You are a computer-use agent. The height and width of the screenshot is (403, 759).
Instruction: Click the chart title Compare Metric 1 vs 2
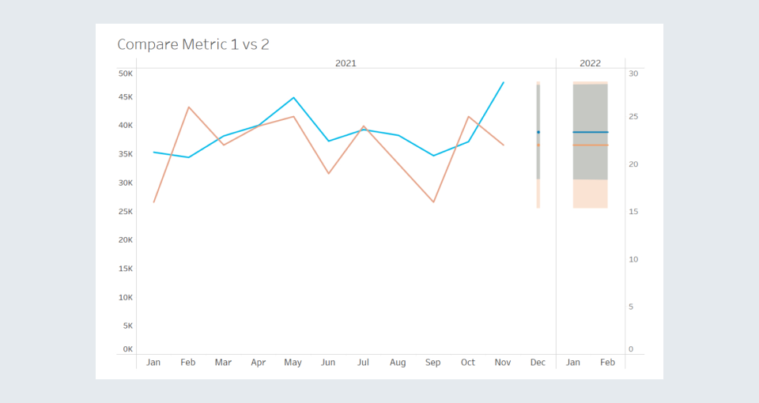(193, 44)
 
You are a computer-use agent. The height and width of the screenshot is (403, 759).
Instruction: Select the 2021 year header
(346, 63)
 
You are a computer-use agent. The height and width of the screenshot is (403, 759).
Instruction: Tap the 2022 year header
(590, 63)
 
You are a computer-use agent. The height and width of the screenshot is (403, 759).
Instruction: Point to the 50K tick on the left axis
(126, 73)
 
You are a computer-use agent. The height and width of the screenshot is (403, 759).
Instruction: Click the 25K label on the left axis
(126, 212)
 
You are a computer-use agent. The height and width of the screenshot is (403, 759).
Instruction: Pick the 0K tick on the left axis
(128, 349)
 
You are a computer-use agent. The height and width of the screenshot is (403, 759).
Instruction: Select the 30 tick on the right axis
(633, 73)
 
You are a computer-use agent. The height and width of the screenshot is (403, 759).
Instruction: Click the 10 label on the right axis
(633, 259)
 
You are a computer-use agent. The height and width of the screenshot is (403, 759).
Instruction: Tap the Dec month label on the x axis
(538, 363)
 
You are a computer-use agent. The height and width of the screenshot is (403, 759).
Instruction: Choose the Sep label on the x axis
(432, 363)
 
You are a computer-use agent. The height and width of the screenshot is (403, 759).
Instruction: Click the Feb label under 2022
(607, 363)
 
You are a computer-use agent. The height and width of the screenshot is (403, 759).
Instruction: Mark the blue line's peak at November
(504, 83)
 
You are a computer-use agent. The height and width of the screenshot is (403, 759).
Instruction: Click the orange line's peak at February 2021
(188, 107)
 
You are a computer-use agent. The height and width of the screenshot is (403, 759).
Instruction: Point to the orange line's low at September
(433, 201)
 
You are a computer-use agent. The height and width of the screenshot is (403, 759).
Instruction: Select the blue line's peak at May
(293, 98)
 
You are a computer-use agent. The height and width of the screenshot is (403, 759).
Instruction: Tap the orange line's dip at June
(328, 173)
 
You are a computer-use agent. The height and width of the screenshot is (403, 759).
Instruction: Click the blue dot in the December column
(538, 132)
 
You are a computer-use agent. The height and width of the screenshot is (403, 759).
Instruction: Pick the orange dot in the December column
(538, 145)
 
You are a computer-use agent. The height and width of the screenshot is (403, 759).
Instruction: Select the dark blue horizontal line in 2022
(591, 132)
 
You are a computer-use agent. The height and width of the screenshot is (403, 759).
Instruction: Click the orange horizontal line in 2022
(591, 145)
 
